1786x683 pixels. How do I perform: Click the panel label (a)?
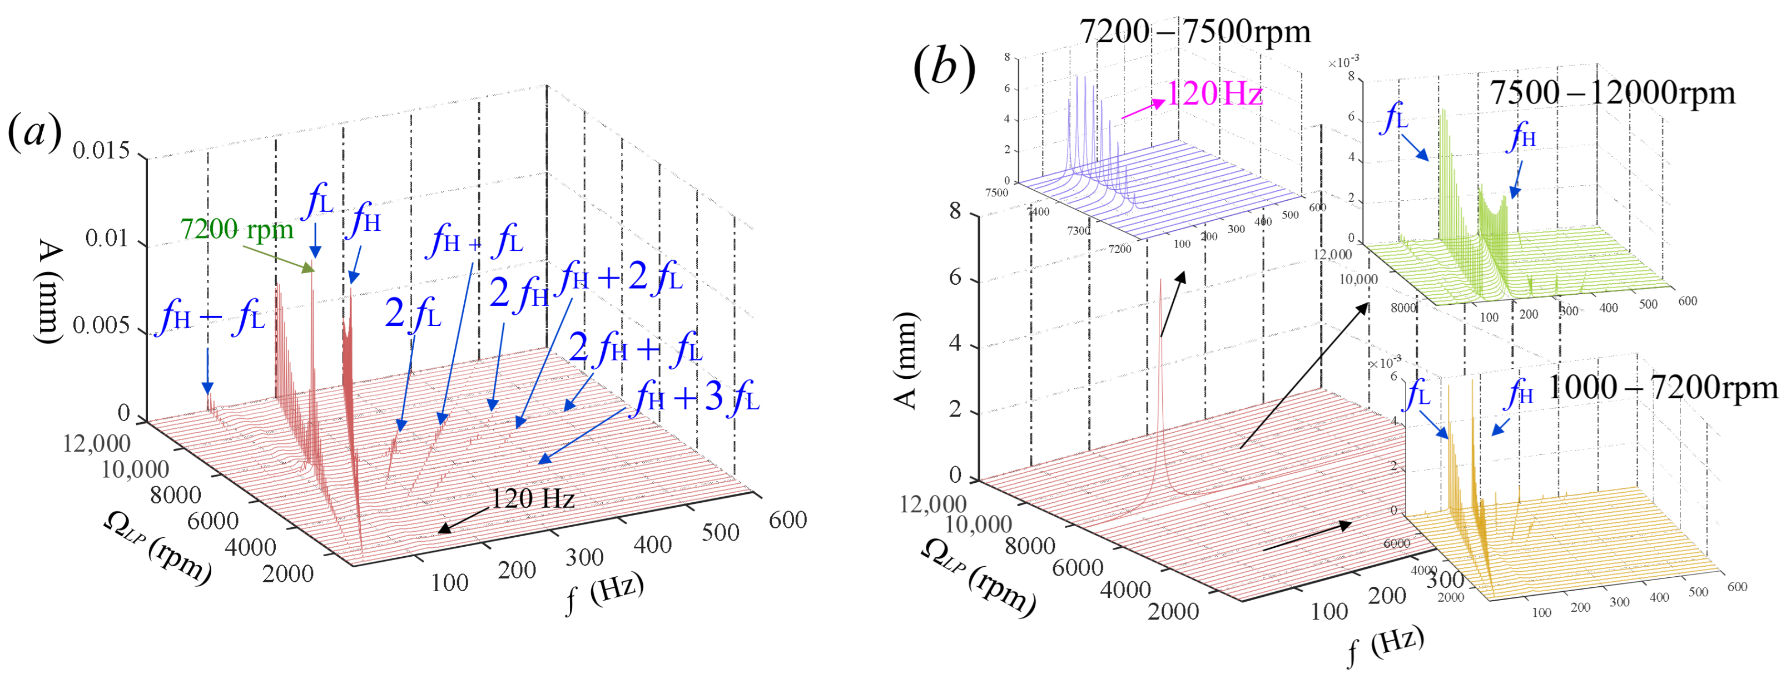coord(34,132)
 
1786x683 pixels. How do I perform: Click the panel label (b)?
coord(944,68)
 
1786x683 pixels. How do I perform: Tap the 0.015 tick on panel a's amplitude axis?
coord(101,151)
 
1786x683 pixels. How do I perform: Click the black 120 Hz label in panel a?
coord(533,498)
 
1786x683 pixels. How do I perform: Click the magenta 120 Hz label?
coord(1214,93)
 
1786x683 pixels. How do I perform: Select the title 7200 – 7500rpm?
coord(1194,31)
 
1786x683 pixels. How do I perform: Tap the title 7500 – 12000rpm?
coord(1613,92)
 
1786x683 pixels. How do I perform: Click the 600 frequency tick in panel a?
coord(787,519)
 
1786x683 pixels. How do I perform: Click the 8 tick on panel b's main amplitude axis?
coord(955,211)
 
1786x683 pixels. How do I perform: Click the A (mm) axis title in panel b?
coord(905,360)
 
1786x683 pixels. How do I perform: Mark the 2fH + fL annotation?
coord(635,348)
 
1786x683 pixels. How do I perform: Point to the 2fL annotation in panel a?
coord(413,314)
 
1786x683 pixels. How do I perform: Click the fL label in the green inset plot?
coord(1395,118)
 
